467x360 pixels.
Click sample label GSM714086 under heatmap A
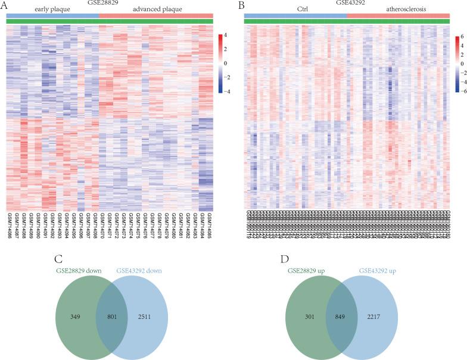[10, 225]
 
